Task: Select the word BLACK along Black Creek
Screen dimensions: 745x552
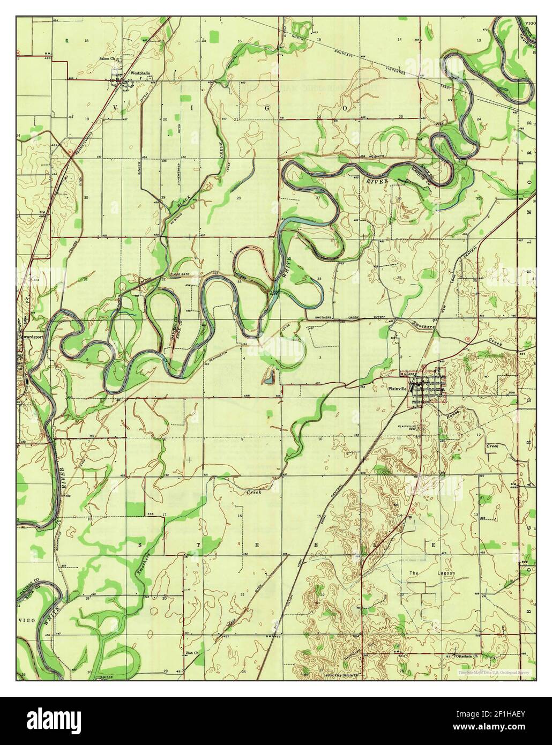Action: point(182,204)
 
